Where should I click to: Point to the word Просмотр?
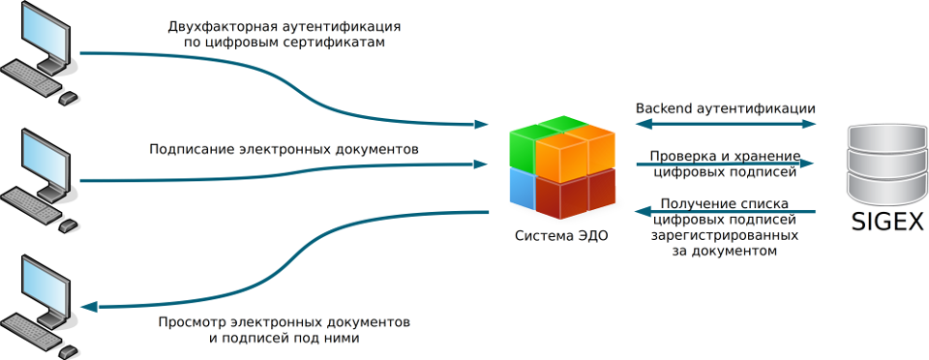pos(191,320)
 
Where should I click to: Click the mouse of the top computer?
pos(68,98)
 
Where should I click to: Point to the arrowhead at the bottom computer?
pos(90,307)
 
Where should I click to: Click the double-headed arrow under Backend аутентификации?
pos(726,124)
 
